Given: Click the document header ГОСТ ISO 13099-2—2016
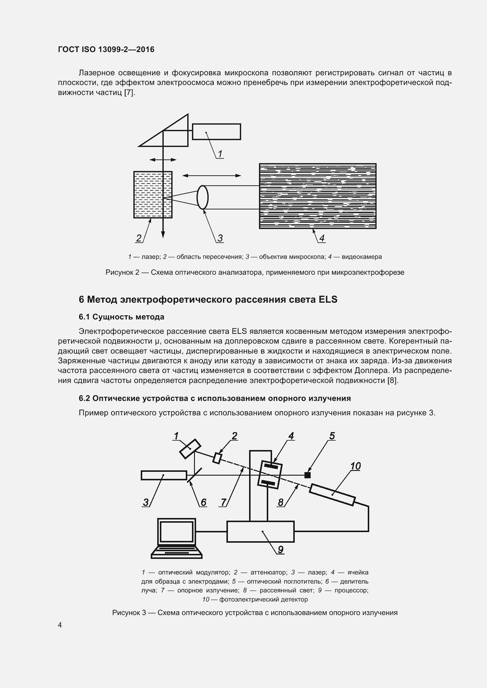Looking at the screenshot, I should (106, 49).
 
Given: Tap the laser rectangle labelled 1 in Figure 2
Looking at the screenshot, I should (216, 131).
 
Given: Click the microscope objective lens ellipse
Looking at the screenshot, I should (202, 197).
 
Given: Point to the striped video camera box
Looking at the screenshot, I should (318, 196).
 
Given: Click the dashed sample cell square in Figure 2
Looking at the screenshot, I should (153, 194).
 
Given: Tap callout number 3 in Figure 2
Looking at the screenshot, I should (220, 238).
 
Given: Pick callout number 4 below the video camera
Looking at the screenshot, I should (322, 238).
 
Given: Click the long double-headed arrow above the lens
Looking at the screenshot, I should (212, 176).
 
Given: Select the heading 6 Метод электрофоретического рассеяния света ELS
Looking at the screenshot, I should (208, 299).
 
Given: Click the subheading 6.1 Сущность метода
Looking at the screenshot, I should (121, 317).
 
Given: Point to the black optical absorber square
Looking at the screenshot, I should (307, 475).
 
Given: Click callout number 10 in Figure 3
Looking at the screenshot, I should (355, 466).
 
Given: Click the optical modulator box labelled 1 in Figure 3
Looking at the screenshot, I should (190, 449).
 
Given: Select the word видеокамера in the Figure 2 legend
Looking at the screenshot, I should (362, 257).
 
